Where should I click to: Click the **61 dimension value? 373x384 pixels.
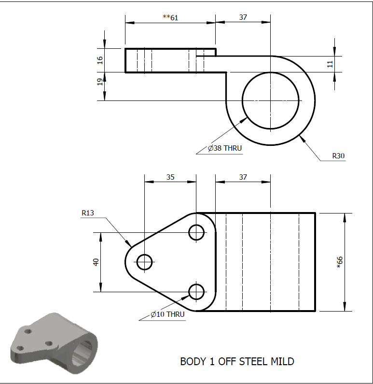pos(170,17)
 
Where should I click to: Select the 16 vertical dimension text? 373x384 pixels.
pos(100,60)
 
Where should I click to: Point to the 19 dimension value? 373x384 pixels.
pos(100,82)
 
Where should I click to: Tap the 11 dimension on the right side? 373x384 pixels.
pos(330,64)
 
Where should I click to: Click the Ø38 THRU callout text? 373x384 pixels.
pos(225,148)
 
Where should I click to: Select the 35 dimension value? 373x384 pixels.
pos(170,177)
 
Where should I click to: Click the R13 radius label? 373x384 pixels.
pos(88,213)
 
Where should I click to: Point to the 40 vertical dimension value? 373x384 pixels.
pos(96,262)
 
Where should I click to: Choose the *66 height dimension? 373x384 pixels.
pos(339,262)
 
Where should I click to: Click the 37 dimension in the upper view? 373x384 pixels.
pos(243,17)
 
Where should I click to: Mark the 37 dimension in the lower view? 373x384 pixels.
pos(243,177)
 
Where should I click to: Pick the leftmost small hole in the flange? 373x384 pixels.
pos(145,262)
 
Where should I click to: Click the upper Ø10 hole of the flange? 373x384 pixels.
pos(196,232)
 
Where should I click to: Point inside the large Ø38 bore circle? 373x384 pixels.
pos(271,100)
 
